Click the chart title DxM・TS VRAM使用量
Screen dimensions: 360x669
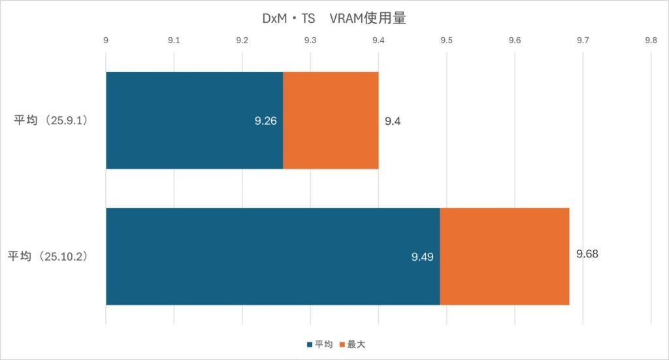coord(334,19)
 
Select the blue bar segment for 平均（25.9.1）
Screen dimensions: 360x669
coord(194,120)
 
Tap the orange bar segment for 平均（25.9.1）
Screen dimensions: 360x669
coord(331,120)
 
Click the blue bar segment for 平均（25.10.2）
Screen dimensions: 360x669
coord(272,256)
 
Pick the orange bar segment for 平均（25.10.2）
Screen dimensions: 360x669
coord(504,256)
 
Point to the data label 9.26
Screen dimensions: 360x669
coord(266,121)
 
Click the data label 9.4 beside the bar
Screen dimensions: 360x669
coord(392,121)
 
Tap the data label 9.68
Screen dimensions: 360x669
coord(587,254)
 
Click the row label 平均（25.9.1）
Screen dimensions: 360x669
coord(52,121)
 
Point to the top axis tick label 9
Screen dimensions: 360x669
coord(106,41)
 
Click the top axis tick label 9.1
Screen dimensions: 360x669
coord(174,41)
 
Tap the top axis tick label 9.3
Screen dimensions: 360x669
coord(310,41)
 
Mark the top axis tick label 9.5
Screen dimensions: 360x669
coord(446,41)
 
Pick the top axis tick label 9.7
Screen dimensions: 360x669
coord(583,41)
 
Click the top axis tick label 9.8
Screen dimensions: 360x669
coord(651,41)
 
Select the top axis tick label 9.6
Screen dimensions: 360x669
coord(515,41)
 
